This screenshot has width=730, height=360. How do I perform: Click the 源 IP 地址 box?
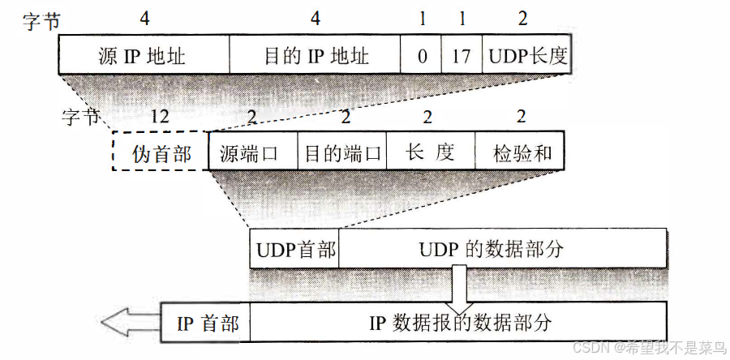pos(144,57)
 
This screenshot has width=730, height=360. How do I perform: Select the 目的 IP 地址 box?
pos(316,57)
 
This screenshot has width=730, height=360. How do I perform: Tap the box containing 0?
pos(422,57)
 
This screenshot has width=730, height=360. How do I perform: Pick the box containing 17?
pos(462,57)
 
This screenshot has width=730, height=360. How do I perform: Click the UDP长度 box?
pos(526,57)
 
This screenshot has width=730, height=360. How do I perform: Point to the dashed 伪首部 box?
pos(161,151)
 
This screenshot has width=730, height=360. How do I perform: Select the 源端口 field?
pos(253,151)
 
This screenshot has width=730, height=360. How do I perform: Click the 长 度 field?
pos(430,151)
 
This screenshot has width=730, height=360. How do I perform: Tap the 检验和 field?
pos(517,151)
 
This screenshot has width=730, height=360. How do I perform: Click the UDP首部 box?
pos(294,249)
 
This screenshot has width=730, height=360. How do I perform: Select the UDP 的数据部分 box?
pos(503,249)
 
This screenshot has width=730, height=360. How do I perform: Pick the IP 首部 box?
pos(207,322)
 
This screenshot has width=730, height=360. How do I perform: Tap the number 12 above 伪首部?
pos(160,117)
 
